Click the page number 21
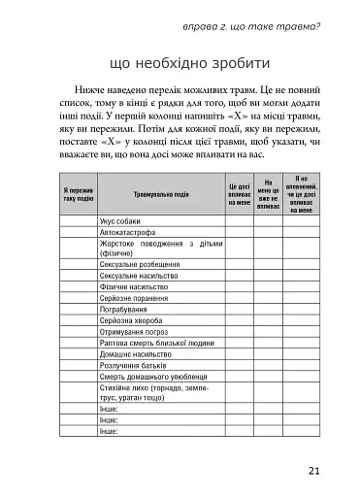point(313,473)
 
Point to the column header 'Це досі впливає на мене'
point(240,194)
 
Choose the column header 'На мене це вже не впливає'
point(271,194)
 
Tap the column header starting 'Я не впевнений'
point(301,194)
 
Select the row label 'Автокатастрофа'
point(130,233)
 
